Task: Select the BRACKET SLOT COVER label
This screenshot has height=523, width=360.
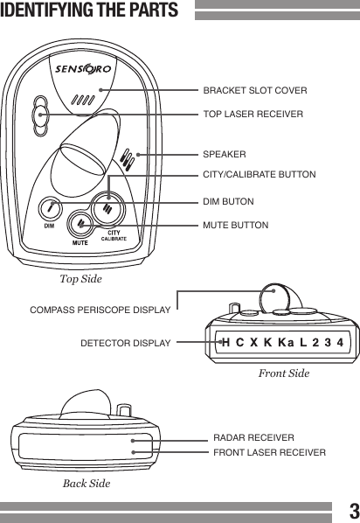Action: tap(254, 90)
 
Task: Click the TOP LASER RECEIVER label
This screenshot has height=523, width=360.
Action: tap(253, 115)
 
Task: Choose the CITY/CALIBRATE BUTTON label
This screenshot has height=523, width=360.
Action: tap(259, 176)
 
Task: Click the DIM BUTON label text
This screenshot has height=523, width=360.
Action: tap(228, 202)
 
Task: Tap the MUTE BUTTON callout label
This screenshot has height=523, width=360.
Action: tap(236, 226)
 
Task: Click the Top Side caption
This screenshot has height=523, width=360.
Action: tap(80, 280)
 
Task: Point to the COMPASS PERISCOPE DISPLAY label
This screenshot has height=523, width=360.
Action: tap(100, 310)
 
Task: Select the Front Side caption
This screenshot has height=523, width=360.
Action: tap(284, 373)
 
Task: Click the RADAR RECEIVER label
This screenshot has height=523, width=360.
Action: tap(253, 436)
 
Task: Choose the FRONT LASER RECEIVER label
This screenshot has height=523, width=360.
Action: tap(269, 452)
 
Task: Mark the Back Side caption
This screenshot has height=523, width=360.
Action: tap(87, 483)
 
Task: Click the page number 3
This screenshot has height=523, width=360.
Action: tap(351, 510)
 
